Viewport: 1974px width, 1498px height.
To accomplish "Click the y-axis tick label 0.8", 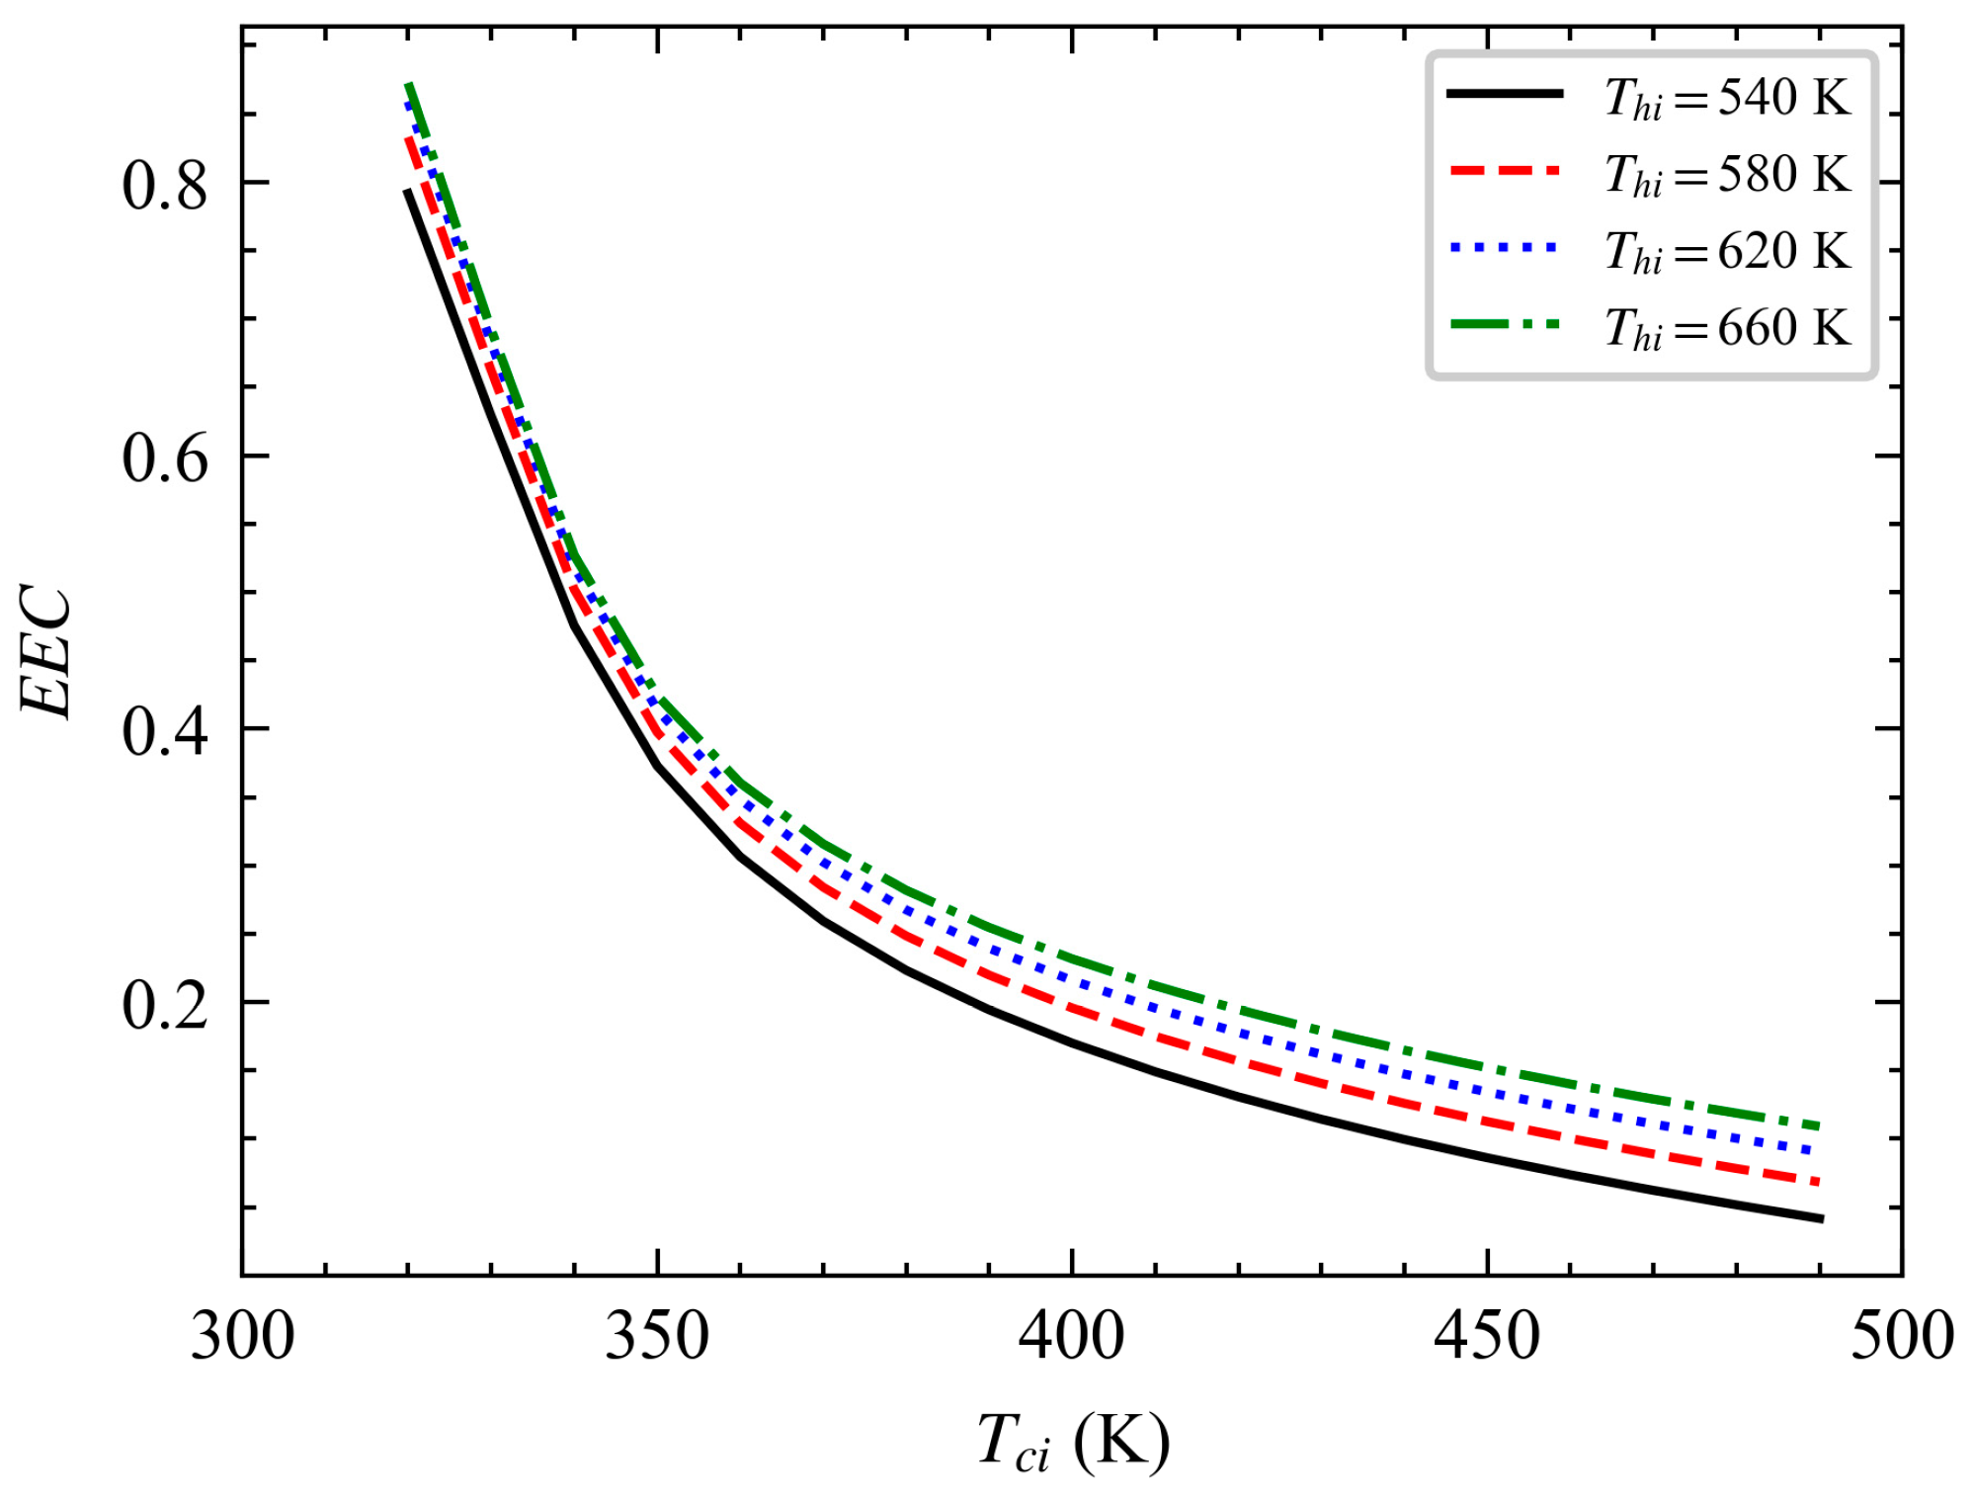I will [165, 185].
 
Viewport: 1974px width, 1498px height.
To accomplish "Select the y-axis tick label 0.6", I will [165, 458].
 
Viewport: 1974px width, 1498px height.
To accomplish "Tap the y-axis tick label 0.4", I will [165, 731].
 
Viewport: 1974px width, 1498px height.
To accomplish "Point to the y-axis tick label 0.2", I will [165, 1005].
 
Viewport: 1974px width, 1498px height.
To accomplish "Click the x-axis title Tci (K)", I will [1073, 1444].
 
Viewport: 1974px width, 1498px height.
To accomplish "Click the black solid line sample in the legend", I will [1505, 94].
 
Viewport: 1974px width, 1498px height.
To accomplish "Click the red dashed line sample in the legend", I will [1505, 171].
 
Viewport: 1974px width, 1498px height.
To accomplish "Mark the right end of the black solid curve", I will [1820, 1218].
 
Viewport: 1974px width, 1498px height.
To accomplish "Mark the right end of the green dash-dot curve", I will [1818, 1125].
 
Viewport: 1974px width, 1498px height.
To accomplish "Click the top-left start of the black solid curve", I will [407, 191].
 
